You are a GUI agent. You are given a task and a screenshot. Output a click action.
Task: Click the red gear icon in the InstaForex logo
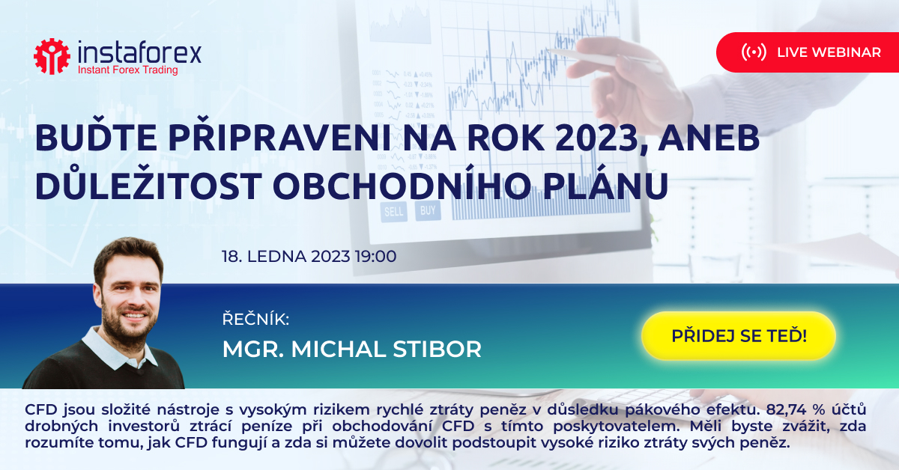pyautogui.click(x=52, y=57)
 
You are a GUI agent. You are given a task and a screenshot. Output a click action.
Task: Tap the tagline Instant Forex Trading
pyautogui.click(x=127, y=70)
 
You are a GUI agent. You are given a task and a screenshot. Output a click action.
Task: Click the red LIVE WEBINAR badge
pyautogui.click(x=808, y=52)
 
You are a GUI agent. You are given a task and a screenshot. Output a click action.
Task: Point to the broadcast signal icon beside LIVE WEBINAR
pyautogui.click(x=754, y=52)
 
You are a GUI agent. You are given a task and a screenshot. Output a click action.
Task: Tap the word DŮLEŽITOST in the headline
pyautogui.click(x=148, y=186)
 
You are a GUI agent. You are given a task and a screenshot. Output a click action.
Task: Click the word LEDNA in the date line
pyautogui.click(x=276, y=256)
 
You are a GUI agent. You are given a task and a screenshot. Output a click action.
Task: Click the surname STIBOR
pyautogui.click(x=437, y=349)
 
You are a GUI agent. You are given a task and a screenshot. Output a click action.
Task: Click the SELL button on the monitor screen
pyautogui.click(x=394, y=211)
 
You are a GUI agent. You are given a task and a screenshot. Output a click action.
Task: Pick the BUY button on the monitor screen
pyautogui.click(x=428, y=210)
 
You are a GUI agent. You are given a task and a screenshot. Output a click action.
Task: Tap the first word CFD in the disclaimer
pyautogui.click(x=41, y=409)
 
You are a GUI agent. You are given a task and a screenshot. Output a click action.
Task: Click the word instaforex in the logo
pyautogui.click(x=139, y=52)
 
